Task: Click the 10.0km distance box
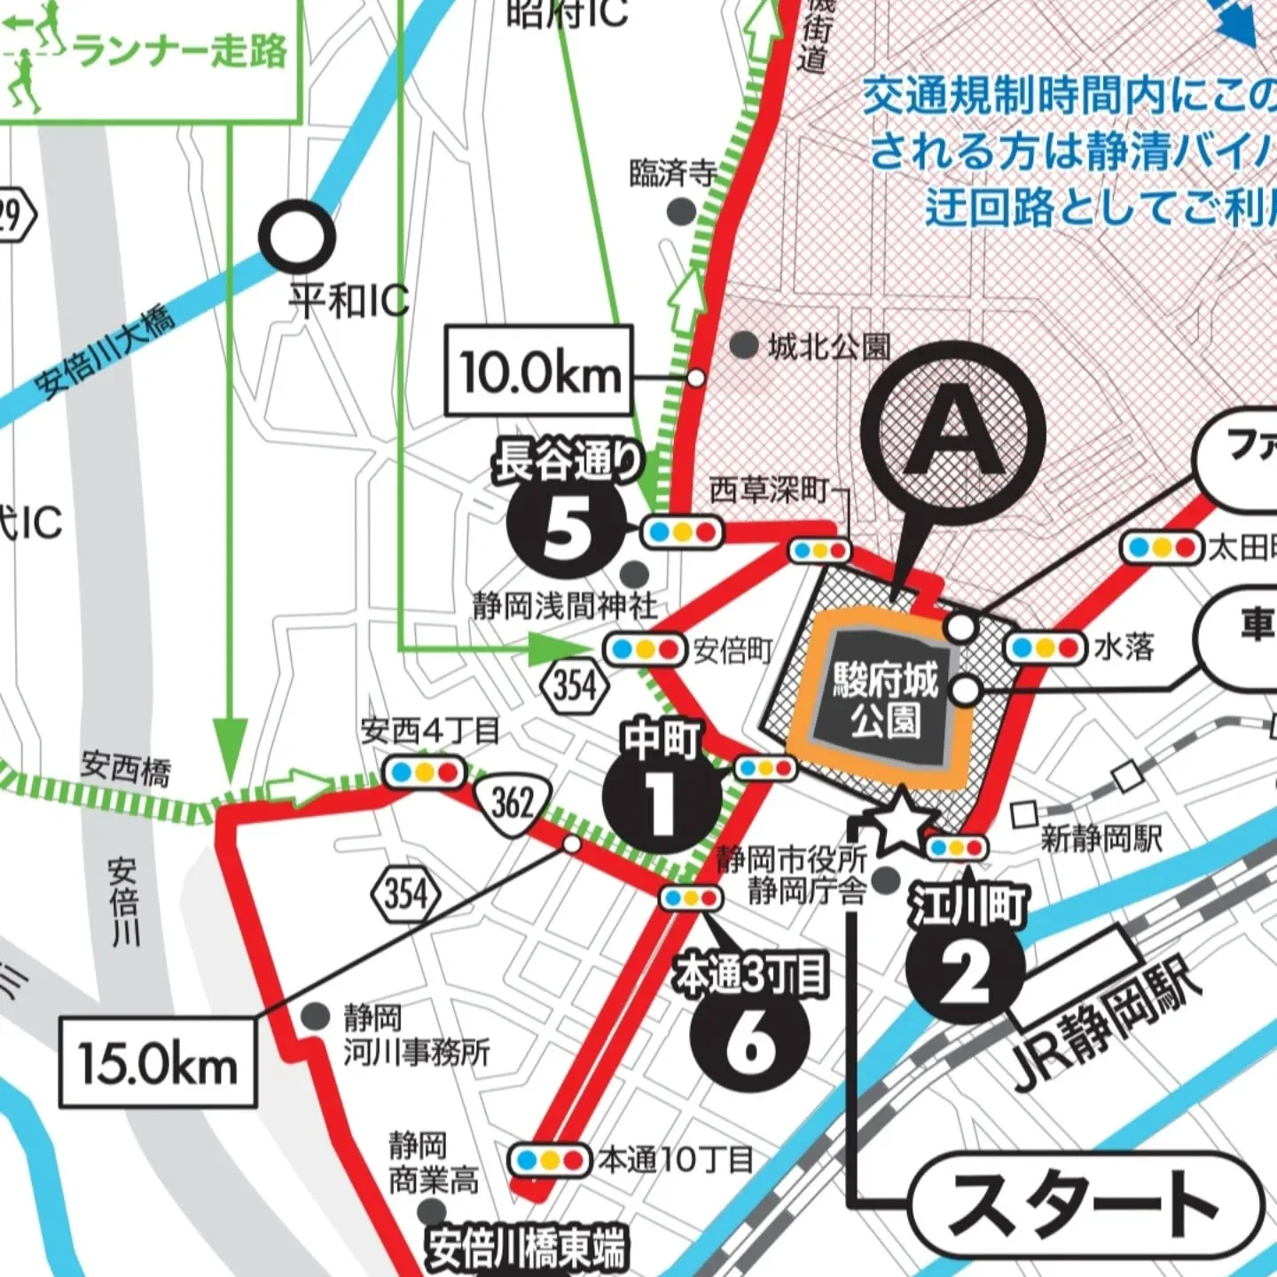click(x=539, y=371)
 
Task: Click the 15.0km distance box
click(x=158, y=1062)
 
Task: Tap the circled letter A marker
click(x=953, y=435)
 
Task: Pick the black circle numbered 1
click(x=661, y=796)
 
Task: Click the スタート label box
click(x=1084, y=1204)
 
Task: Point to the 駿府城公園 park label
click(x=885, y=701)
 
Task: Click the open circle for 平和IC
click(x=297, y=237)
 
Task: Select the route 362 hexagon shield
click(x=512, y=802)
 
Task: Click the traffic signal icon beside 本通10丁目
click(x=550, y=1159)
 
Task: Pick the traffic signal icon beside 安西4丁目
click(x=424, y=772)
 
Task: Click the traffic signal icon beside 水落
click(x=1045, y=648)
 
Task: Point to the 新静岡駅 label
click(x=1100, y=838)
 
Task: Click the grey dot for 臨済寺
click(x=681, y=211)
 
